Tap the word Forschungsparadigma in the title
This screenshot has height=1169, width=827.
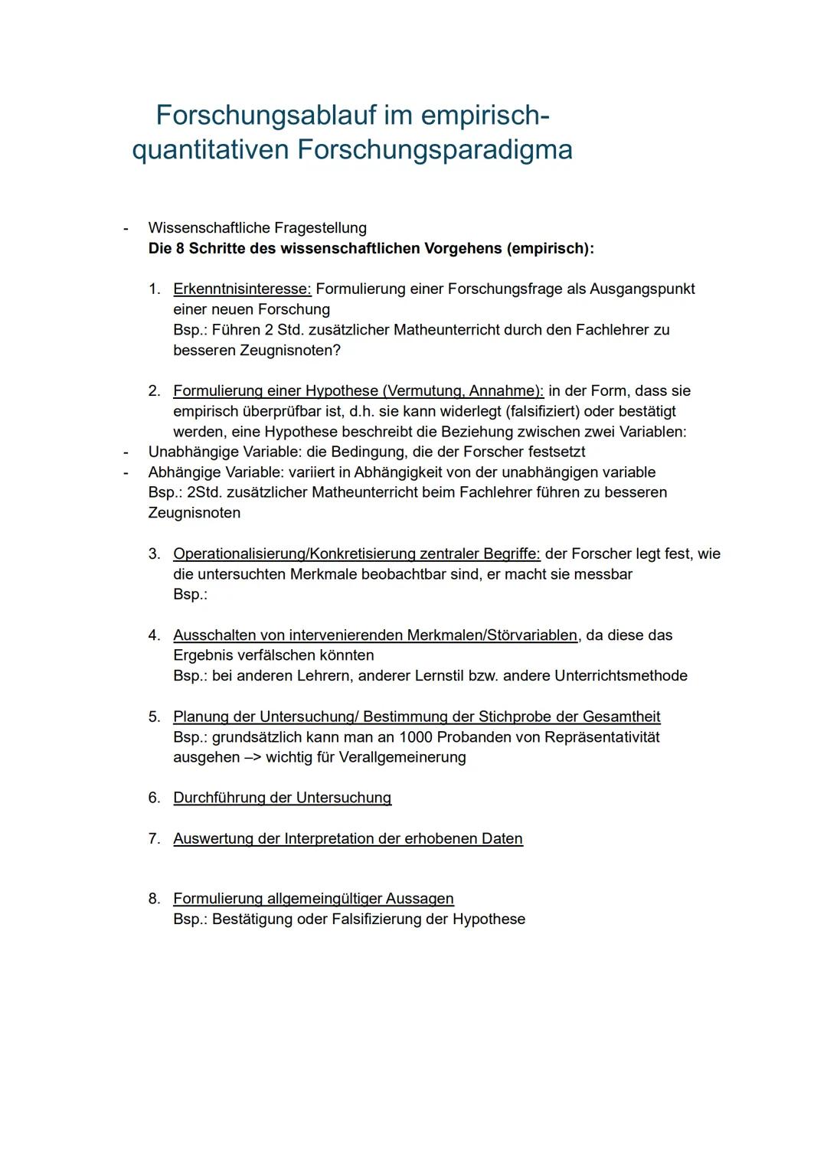(x=434, y=149)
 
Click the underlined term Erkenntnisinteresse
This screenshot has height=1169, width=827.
(x=242, y=289)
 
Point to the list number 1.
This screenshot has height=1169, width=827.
(x=154, y=289)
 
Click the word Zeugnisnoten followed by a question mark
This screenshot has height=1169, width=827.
(x=295, y=351)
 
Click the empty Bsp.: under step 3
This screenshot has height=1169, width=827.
(x=190, y=594)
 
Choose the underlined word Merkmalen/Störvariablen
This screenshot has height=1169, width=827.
(x=492, y=635)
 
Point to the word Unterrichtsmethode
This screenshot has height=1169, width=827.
(x=620, y=676)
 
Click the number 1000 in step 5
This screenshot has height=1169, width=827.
(x=416, y=737)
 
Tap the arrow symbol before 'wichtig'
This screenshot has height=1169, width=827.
(x=252, y=757)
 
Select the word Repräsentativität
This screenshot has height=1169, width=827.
(x=602, y=737)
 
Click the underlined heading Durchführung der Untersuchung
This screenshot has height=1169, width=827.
(x=282, y=798)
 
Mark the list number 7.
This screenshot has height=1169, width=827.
(x=154, y=839)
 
